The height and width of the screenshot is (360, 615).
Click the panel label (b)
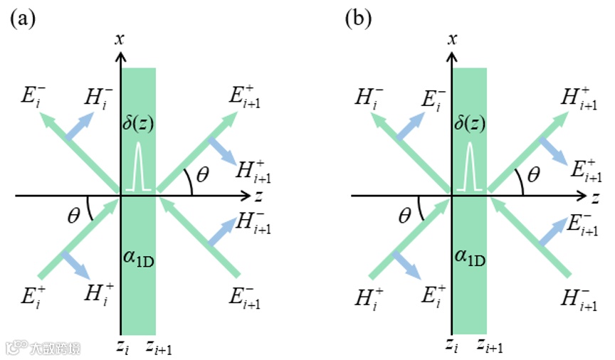(x=358, y=19)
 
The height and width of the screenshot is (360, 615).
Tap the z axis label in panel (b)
(x=587, y=194)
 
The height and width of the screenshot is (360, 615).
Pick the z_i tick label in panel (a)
(x=123, y=346)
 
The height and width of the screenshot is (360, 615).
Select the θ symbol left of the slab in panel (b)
(x=404, y=212)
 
